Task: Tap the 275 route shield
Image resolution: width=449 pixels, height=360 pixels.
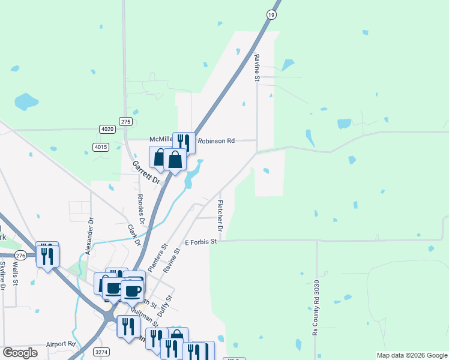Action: pos(125,121)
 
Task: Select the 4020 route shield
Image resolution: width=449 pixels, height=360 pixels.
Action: pos(107,129)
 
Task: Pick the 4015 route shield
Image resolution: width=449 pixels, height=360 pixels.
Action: pos(101,146)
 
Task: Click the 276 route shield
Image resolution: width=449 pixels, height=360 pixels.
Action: pos(20,255)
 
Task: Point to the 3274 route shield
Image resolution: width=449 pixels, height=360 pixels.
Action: pos(102,352)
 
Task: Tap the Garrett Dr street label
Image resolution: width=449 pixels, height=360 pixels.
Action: pos(147,172)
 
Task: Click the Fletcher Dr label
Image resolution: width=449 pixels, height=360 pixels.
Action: pos(220,216)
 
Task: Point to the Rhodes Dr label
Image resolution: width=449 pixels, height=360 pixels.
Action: pos(141,209)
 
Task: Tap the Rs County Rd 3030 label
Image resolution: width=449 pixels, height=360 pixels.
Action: pos(316,315)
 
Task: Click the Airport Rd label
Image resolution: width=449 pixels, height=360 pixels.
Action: pos(61,344)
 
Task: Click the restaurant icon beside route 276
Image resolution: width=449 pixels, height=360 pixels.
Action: pos(47,254)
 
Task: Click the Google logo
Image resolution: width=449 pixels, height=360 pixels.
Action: pos(20,353)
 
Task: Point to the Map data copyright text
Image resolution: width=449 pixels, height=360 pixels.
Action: pos(411,355)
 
